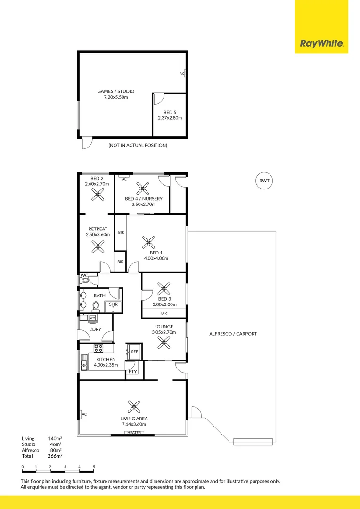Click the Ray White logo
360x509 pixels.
click(322, 44)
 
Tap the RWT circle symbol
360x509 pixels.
click(265, 181)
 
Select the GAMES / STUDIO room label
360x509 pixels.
click(116, 91)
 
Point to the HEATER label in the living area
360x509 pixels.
click(134, 432)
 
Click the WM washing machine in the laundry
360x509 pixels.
click(92, 318)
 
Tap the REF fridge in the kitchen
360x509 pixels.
click(134, 352)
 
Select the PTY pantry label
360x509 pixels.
click(133, 372)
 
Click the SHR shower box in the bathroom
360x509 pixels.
click(113, 305)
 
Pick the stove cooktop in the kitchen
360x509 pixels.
click(98, 348)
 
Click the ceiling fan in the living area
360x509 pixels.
click(134, 406)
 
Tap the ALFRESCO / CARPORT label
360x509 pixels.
click(233, 334)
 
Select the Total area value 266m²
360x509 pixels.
click(55, 456)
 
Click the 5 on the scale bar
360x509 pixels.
click(94, 467)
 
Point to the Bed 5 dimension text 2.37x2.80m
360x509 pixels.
click(170, 118)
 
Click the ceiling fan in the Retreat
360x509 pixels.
click(98, 245)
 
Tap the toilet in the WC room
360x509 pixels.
click(85, 280)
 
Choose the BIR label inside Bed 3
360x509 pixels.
click(164, 313)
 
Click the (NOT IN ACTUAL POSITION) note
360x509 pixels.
click(138, 145)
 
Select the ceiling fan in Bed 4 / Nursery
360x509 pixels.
click(142, 189)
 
